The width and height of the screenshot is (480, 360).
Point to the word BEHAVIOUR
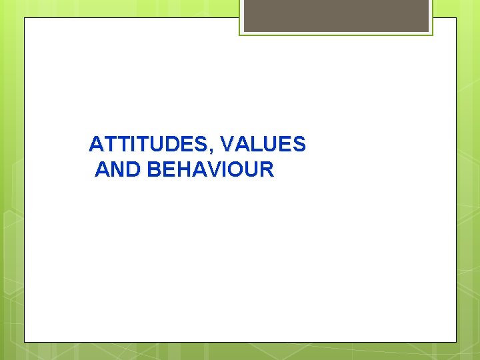(x=211, y=170)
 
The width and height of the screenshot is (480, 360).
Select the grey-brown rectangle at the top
(x=336, y=15)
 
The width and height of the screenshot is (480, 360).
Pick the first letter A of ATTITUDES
(x=96, y=144)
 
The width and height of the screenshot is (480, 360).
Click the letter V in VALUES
(x=226, y=144)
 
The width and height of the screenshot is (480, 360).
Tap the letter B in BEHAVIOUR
(x=154, y=170)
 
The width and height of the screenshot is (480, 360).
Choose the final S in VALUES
(x=299, y=144)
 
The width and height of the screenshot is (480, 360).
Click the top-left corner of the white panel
(x=25, y=18)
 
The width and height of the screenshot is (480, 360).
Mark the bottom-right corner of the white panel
(x=456, y=342)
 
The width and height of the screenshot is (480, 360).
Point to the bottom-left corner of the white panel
(x=25, y=342)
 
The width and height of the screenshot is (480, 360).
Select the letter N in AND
(x=117, y=170)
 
